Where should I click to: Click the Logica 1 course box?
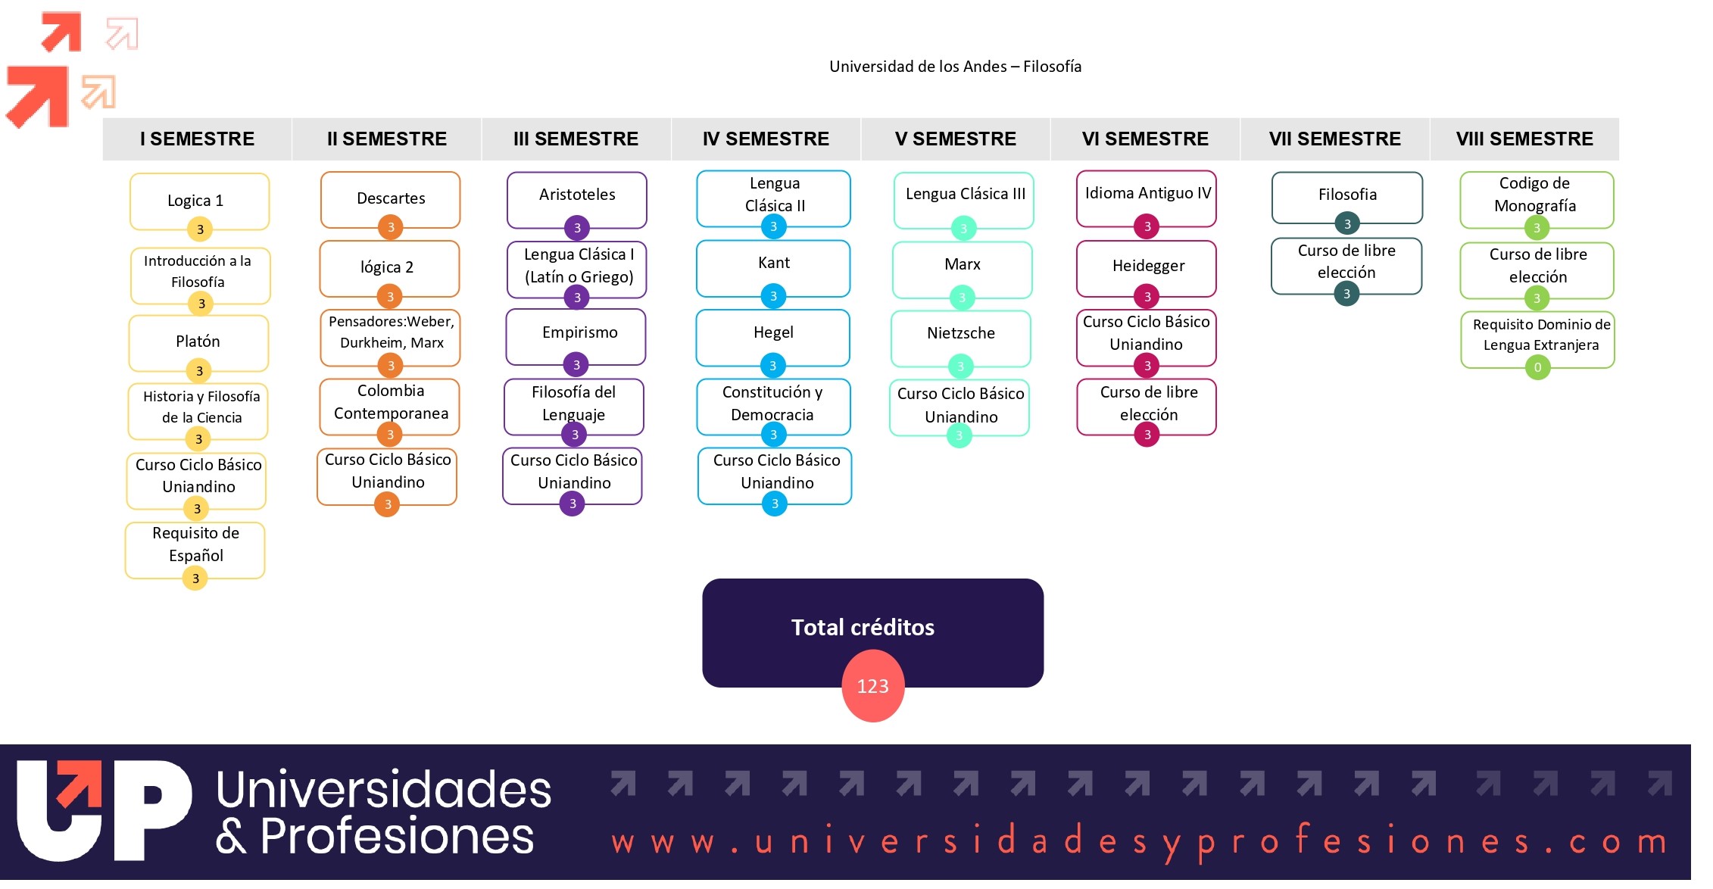pyautogui.click(x=200, y=201)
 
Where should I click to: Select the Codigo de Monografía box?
pyautogui.click(x=1537, y=200)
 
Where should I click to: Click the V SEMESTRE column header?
pyautogui.click(x=956, y=139)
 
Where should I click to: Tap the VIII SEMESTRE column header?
pyautogui.click(x=1524, y=139)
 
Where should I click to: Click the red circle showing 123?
pyautogui.click(x=873, y=686)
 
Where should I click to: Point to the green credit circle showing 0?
pyautogui.click(x=1537, y=368)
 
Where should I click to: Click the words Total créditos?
pyautogui.click(x=863, y=627)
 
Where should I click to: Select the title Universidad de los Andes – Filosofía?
pyautogui.click(x=955, y=67)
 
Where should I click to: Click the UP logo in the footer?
pyautogui.click(x=105, y=811)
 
